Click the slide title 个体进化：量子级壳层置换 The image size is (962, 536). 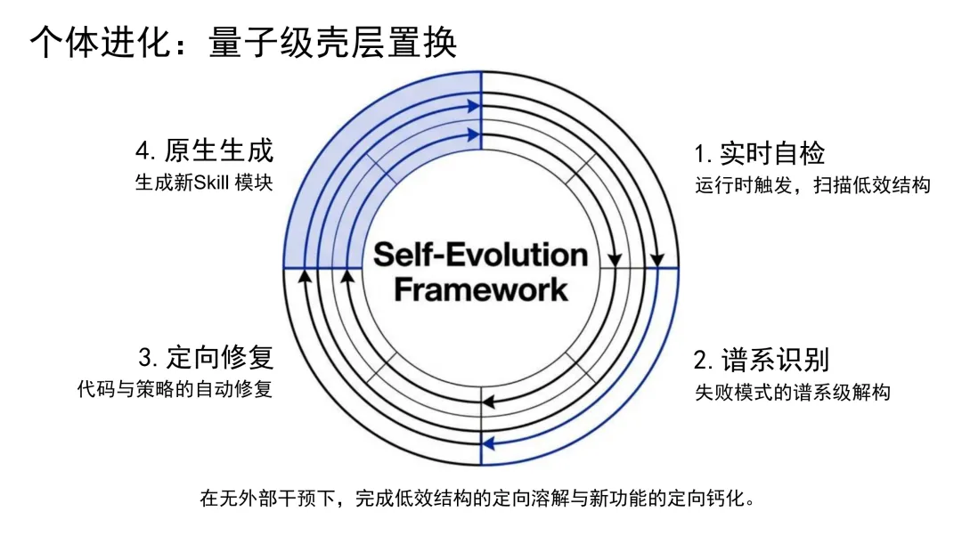244,42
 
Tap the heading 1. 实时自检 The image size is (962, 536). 760,153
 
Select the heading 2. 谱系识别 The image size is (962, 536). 762,360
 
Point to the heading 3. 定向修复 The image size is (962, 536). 206,358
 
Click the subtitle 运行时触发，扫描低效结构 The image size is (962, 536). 812,186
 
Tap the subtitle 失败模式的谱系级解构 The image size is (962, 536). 792,392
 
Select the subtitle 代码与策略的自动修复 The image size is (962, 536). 175,390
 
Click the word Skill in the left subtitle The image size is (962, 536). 210,183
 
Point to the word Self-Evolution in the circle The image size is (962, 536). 480,256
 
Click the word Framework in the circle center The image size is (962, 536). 480,289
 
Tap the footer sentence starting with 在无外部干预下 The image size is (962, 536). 480,498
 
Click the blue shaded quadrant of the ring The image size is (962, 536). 356,178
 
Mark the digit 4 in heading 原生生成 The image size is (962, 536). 143,150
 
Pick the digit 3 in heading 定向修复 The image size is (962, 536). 146,359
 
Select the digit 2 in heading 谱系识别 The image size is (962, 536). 701,361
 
